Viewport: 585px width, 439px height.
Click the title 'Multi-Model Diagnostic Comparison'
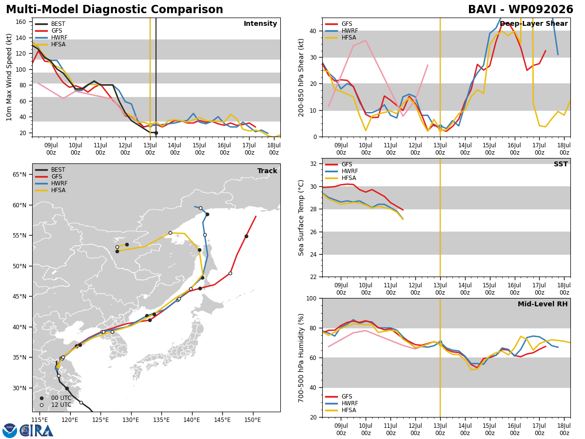pyautogui.click(x=115, y=10)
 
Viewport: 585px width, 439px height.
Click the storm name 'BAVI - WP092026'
pyautogui.click(x=521, y=10)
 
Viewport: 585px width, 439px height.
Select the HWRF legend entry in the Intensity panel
pyautogui.click(x=51, y=38)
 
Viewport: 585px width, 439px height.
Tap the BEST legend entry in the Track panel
pyautogui.click(x=50, y=170)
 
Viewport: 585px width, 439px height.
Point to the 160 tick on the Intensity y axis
pyautogui.click(x=20, y=22)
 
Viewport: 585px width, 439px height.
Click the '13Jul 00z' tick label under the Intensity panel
pyautogui.click(x=150, y=149)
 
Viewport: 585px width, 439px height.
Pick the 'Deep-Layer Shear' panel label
pyautogui.click(x=534, y=24)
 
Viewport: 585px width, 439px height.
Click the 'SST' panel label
pyautogui.click(x=561, y=164)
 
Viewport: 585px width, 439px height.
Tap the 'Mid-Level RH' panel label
pyautogui.click(x=543, y=304)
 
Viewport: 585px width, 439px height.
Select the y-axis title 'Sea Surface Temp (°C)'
pyautogui.click(x=301, y=218)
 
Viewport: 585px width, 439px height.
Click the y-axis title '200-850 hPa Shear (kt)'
pyautogui.click(x=301, y=78)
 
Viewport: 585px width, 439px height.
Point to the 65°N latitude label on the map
pyautogui.click(x=19, y=175)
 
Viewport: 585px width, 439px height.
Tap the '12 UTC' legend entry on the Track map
pyautogui.click(x=56, y=405)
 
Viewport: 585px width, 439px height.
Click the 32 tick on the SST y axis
pyautogui.click(x=313, y=164)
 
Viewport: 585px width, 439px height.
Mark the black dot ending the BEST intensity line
pyautogui.click(x=156, y=133)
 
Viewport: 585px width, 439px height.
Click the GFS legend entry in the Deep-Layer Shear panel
pyautogui.click(x=339, y=24)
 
